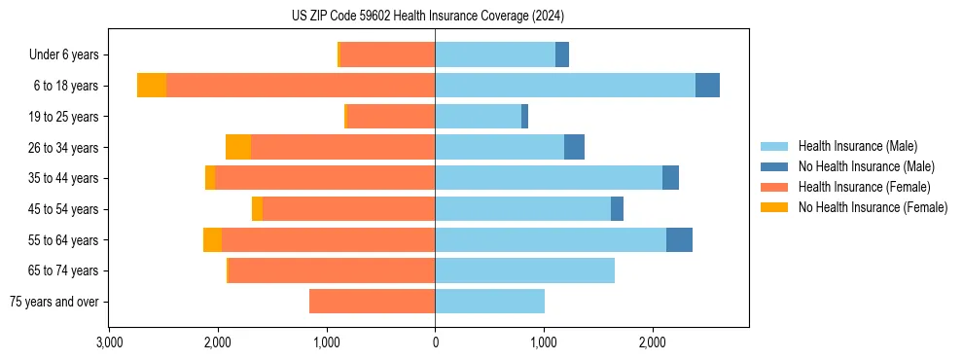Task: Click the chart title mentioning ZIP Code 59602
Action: click(x=428, y=16)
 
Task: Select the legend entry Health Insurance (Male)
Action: click(x=857, y=146)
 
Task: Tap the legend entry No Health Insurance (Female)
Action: click(x=873, y=207)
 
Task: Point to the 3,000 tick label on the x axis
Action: click(x=109, y=342)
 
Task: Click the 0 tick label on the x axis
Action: click(x=435, y=342)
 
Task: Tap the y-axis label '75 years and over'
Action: click(x=53, y=302)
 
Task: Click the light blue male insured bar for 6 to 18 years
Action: click(x=564, y=86)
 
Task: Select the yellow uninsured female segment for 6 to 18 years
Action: click(x=152, y=86)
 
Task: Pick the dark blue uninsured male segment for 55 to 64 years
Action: click(x=679, y=239)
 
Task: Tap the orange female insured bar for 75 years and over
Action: click(x=372, y=302)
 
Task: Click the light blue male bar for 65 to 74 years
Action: click(x=524, y=270)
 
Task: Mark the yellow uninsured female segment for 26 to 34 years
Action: click(x=238, y=147)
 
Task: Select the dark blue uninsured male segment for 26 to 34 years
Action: click(x=574, y=147)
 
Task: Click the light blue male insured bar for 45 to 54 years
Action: click(x=522, y=209)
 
